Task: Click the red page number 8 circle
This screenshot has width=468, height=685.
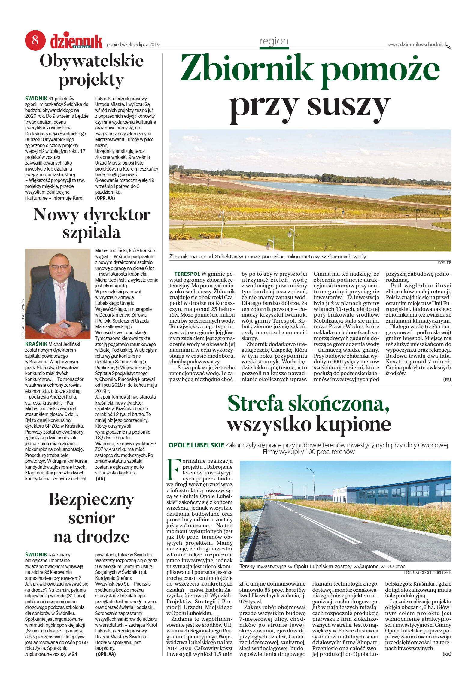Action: pyautogui.click(x=35, y=40)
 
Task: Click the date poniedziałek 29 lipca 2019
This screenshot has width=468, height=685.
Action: pyautogui.click(x=133, y=45)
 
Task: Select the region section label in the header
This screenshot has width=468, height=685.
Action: pyautogui.click(x=274, y=41)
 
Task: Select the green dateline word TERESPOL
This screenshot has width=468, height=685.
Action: pyautogui.click(x=187, y=274)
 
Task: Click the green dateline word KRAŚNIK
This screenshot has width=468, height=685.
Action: pyautogui.click(x=36, y=344)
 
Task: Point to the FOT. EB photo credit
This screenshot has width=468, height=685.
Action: pyautogui.click(x=445, y=262)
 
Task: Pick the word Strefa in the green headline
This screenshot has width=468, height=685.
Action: pyautogui.click(x=255, y=404)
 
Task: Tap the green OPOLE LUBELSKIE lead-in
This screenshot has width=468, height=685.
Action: pyautogui.click(x=196, y=445)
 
